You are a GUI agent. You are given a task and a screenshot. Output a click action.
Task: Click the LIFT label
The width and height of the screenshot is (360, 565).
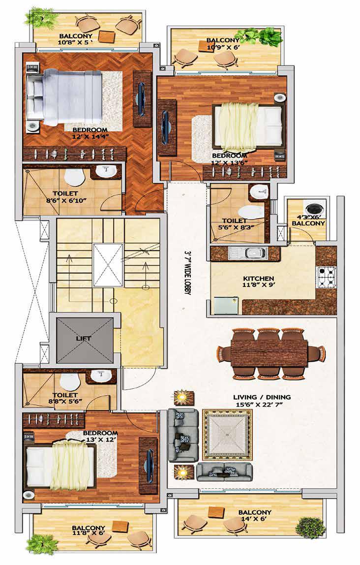(x=84, y=338)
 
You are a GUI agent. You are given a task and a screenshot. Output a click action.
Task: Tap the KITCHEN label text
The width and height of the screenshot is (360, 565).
(x=259, y=279)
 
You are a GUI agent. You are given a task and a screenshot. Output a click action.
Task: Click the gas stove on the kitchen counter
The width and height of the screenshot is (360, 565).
(x=326, y=277)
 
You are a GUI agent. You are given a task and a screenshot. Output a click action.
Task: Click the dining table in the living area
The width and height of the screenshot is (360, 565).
(x=270, y=353)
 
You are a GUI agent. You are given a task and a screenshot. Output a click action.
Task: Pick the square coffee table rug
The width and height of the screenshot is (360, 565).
(x=227, y=435)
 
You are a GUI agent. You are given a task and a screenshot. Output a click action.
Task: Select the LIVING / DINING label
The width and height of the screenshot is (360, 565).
(x=262, y=397)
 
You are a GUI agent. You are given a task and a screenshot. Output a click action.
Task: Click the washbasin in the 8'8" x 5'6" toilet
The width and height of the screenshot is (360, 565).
(x=101, y=376)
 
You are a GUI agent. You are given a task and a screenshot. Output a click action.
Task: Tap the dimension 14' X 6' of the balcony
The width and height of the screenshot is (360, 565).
(x=255, y=519)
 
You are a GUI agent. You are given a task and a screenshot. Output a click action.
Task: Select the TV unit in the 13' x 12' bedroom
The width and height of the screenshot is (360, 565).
(x=148, y=461)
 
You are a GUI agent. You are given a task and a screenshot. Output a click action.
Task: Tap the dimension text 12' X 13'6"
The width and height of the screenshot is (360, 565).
(x=229, y=162)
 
